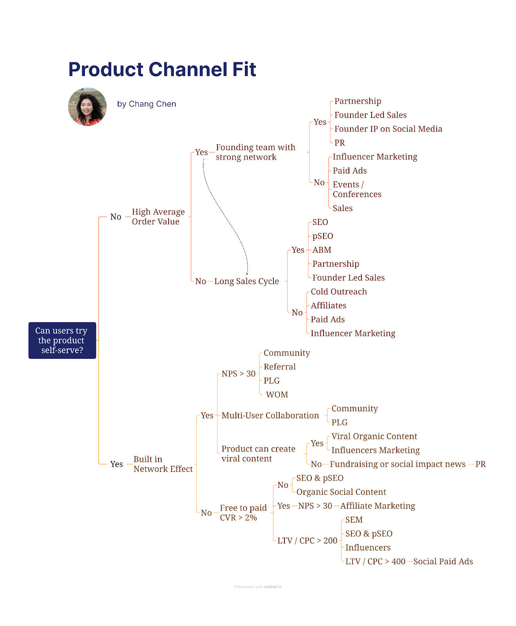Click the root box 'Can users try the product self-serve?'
point(62,340)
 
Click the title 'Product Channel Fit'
point(162,70)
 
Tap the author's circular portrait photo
point(87,106)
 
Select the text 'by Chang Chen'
point(146,104)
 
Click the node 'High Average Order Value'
point(158,217)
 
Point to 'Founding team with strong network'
point(255,152)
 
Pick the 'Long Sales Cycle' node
point(246,281)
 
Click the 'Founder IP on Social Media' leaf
point(388,129)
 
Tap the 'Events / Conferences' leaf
point(356,189)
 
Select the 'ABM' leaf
point(322,250)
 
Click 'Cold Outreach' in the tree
point(338,292)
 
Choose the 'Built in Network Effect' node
point(162,464)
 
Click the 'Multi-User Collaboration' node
point(270,416)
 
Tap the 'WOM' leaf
point(277,395)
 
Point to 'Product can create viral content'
point(258,454)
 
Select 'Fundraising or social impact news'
point(397,464)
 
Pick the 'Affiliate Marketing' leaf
point(377,506)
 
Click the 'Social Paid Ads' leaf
point(443,562)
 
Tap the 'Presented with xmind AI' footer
point(257,587)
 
